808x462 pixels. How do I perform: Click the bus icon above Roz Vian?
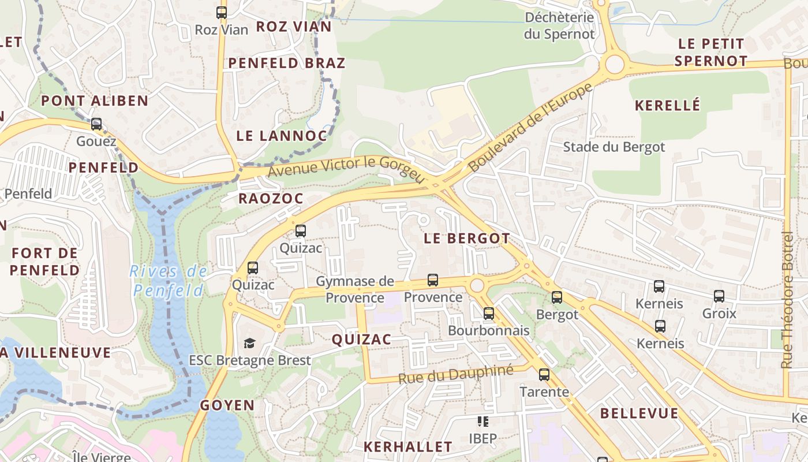pos(222,12)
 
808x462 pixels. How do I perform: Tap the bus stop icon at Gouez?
pos(96,124)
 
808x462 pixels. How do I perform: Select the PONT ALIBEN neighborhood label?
pos(95,100)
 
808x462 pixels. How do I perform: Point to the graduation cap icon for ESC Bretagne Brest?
pos(249,343)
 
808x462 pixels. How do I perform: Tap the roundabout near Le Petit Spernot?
pos(615,64)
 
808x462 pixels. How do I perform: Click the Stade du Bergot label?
pos(614,147)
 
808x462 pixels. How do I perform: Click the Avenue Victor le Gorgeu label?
pos(346,167)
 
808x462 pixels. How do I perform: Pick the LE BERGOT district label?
pos(466,238)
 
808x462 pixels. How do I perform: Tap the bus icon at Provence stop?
pos(433,280)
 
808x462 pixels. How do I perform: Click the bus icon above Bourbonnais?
pos(489,314)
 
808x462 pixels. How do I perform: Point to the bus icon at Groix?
pos(719,296)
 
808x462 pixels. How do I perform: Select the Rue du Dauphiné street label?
pos(455,374)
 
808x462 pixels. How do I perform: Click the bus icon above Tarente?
pos(544,375)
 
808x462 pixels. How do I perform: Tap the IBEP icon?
pos(482,422)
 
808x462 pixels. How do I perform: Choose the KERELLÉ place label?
pos(667,105)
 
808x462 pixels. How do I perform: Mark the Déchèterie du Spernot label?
pos(559,25)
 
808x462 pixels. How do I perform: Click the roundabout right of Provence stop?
pos(477,285)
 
